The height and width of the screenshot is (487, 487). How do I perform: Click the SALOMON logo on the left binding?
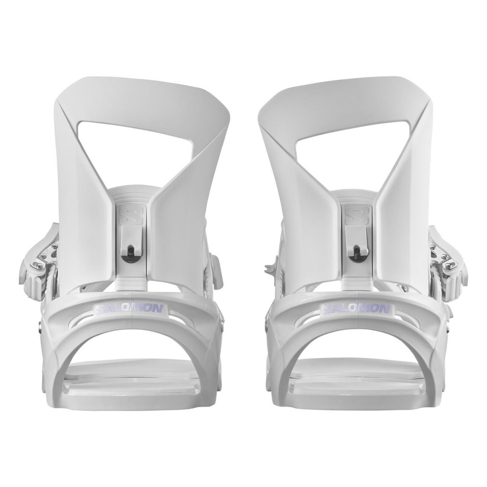[130, 309]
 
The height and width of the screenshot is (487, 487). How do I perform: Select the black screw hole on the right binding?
[357, 250]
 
